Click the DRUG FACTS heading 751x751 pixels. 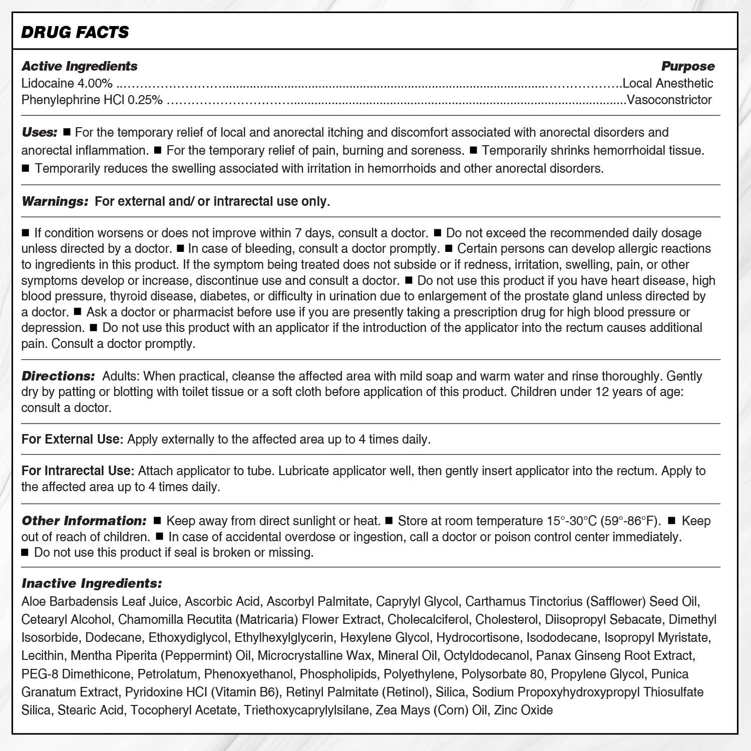coord(75,32)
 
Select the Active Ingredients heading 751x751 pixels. coord(80,66)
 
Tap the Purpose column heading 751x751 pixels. coord(688,66)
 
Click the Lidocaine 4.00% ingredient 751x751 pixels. coord(67,83)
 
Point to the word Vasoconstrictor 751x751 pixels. coord(669,100)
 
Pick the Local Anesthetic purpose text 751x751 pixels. coord(668,83)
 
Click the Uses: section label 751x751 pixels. coord(40,133)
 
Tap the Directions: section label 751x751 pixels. coord(58,376)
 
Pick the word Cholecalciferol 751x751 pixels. coord(428,619)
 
